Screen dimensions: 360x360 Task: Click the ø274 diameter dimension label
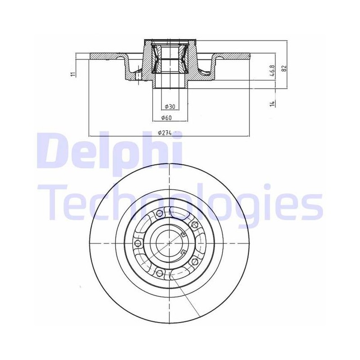[165, 133]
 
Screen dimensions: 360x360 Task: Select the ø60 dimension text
[166, 118]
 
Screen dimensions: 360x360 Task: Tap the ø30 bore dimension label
[170, 107]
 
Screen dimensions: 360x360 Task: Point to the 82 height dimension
[284, 68]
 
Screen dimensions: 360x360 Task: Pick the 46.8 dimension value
[273, 71]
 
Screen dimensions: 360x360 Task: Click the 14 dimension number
[273, 103]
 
